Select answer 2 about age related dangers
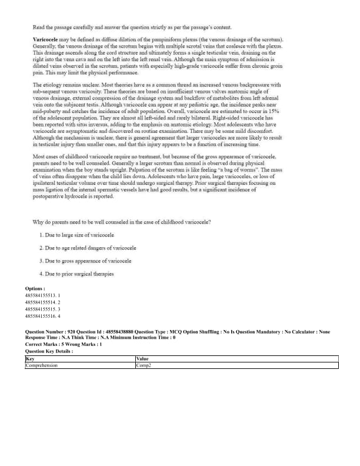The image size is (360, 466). coord(88,248)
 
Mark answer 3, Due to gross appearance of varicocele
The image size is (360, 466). coord(85,261)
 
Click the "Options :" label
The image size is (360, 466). coord(35,288)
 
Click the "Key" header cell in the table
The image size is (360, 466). coord(30,359)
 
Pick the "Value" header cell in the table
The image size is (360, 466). coord(142,359)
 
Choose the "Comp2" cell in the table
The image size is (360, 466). coord(144,365)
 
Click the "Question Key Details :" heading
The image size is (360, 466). coord(49,351)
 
